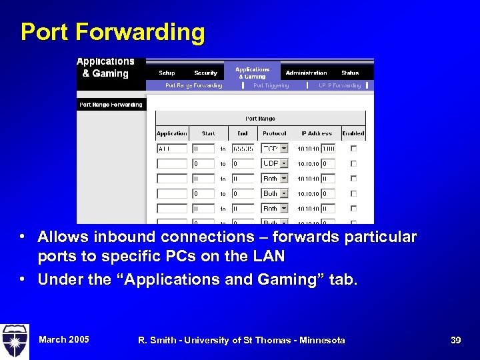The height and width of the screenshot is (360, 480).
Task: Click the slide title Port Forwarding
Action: point(113,32)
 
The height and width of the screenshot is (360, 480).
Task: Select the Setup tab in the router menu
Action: point(167,73)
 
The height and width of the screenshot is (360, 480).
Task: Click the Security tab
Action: point(205,73)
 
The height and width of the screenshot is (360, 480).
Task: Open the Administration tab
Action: point(306,73)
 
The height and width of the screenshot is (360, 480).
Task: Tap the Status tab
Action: point(350,73)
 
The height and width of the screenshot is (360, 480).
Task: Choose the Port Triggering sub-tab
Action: point(272,85)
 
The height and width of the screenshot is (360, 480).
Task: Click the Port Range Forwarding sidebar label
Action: point(111,105)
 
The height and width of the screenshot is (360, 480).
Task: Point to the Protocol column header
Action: point(274,133)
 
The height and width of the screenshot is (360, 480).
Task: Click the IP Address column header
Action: point(315,133)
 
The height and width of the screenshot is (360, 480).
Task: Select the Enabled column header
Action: point(353,133)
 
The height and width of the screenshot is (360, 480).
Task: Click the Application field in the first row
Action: point(172,149)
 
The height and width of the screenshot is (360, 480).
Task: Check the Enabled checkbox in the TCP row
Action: point(353,149)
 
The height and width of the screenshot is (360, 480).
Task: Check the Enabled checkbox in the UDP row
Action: point(353,163)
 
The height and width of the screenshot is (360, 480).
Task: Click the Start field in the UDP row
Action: point(203,163)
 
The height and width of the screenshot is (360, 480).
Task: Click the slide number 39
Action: point(455,340)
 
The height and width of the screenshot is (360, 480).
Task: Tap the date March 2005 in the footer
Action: point(63,339)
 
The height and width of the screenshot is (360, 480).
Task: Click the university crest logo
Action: point(15,341)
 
